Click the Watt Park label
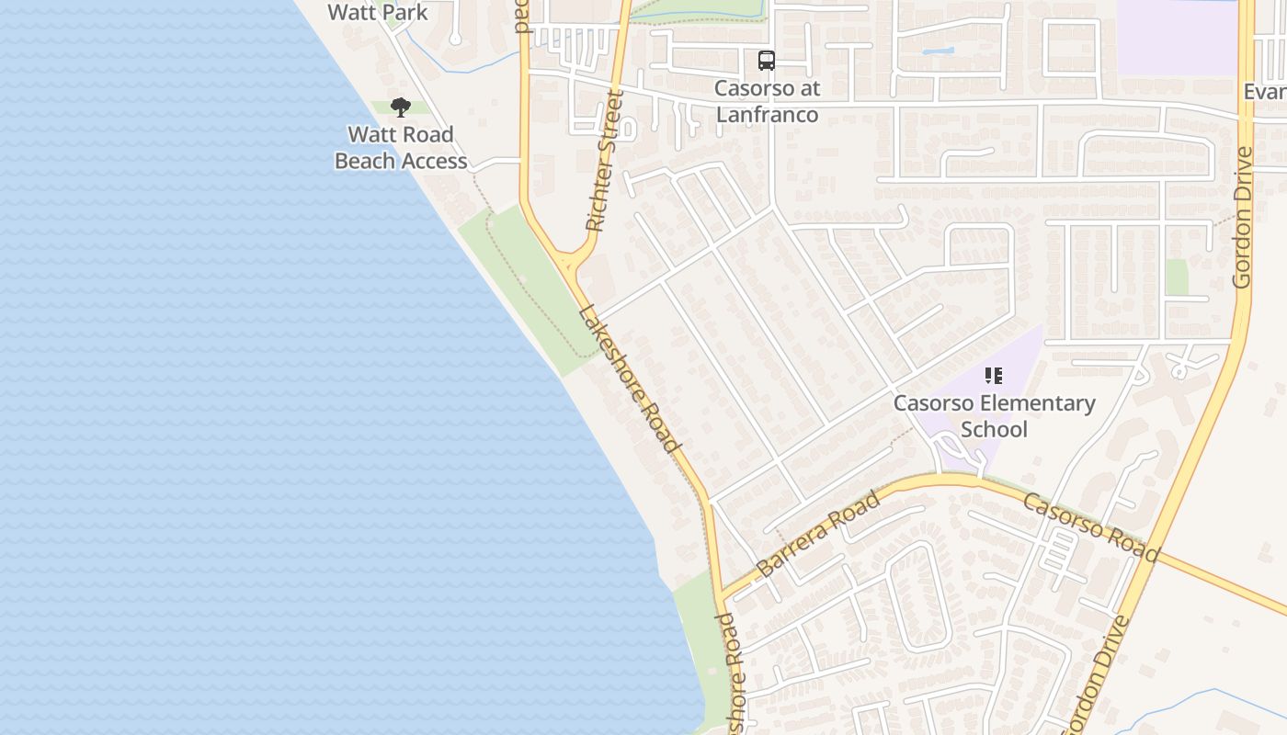click(x=378, y=12)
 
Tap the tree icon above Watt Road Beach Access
click(x=400, y=107)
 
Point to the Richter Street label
click(x=604, y=162)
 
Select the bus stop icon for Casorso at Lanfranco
click(x=766, y=61)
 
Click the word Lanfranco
click(x=767, y=116)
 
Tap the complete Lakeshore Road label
click(x=632, y=379)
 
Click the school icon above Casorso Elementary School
click(x=993, y=375)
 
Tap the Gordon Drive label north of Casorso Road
click(x=1243, y=217)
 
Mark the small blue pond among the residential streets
click(x=938, y=51)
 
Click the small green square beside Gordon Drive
click(x=1176, y=277)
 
